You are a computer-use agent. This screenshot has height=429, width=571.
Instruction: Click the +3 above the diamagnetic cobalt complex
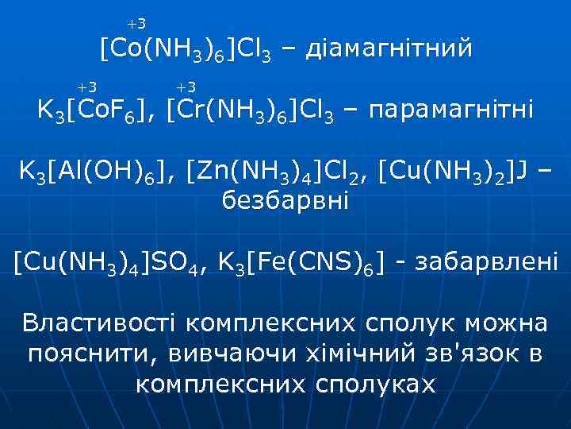(136, 25)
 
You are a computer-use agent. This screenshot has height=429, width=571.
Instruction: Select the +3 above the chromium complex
(186, 86)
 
